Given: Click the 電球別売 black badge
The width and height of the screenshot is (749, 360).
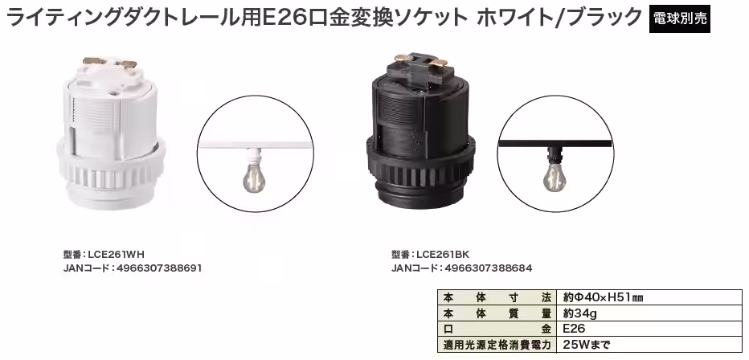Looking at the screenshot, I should [681, 18].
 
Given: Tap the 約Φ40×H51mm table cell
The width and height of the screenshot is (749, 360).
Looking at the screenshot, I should [602, 297].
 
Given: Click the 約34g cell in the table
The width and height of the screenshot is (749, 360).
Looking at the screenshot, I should [582, 313].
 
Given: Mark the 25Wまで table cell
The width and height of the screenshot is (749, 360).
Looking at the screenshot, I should [587, 346].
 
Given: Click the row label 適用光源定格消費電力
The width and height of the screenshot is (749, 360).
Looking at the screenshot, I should [497, 346].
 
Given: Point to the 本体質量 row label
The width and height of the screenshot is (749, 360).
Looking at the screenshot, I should [497, 313].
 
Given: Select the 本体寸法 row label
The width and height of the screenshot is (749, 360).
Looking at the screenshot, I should [497, 297].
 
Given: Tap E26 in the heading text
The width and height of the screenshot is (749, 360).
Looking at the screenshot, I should [282, 17].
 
